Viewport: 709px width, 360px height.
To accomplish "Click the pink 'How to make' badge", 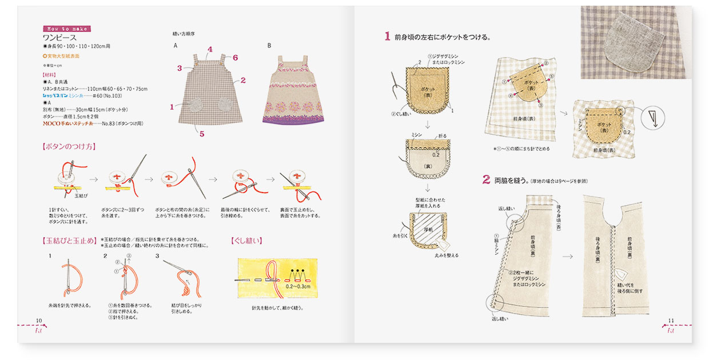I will [x=66, y=29].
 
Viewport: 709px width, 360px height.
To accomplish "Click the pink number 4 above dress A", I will [x=210, y=50].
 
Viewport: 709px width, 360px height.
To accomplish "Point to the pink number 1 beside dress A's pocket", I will [x=172, y=107].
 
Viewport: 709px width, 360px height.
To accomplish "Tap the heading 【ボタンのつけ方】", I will [x=69, y=146].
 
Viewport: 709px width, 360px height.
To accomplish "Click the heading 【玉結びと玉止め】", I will [x=69, y=241].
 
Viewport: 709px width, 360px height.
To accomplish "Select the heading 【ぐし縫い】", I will [x=246, y=241].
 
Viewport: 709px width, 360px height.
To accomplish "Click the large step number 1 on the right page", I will [x=387, y=37].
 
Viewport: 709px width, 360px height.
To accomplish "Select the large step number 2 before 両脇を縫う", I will [x=486, y=180].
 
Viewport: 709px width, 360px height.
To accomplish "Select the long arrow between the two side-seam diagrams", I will [x=567, y=256].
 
